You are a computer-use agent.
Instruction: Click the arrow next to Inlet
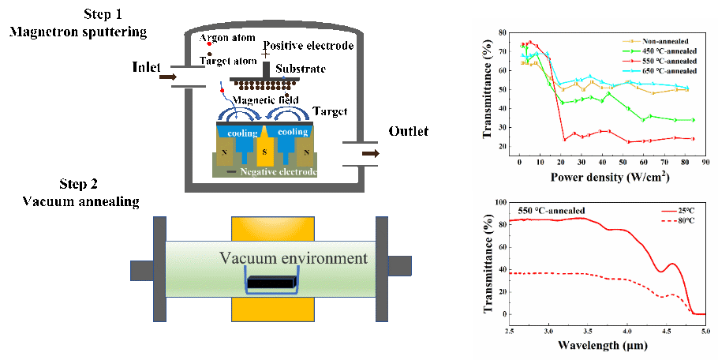click(168, 77)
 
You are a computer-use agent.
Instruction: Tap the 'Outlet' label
click(408, 131)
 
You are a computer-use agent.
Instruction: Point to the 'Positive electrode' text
click(309, 46)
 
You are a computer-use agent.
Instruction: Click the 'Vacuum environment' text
click(294, 258)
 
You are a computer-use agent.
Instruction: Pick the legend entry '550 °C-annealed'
click(664, 60)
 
